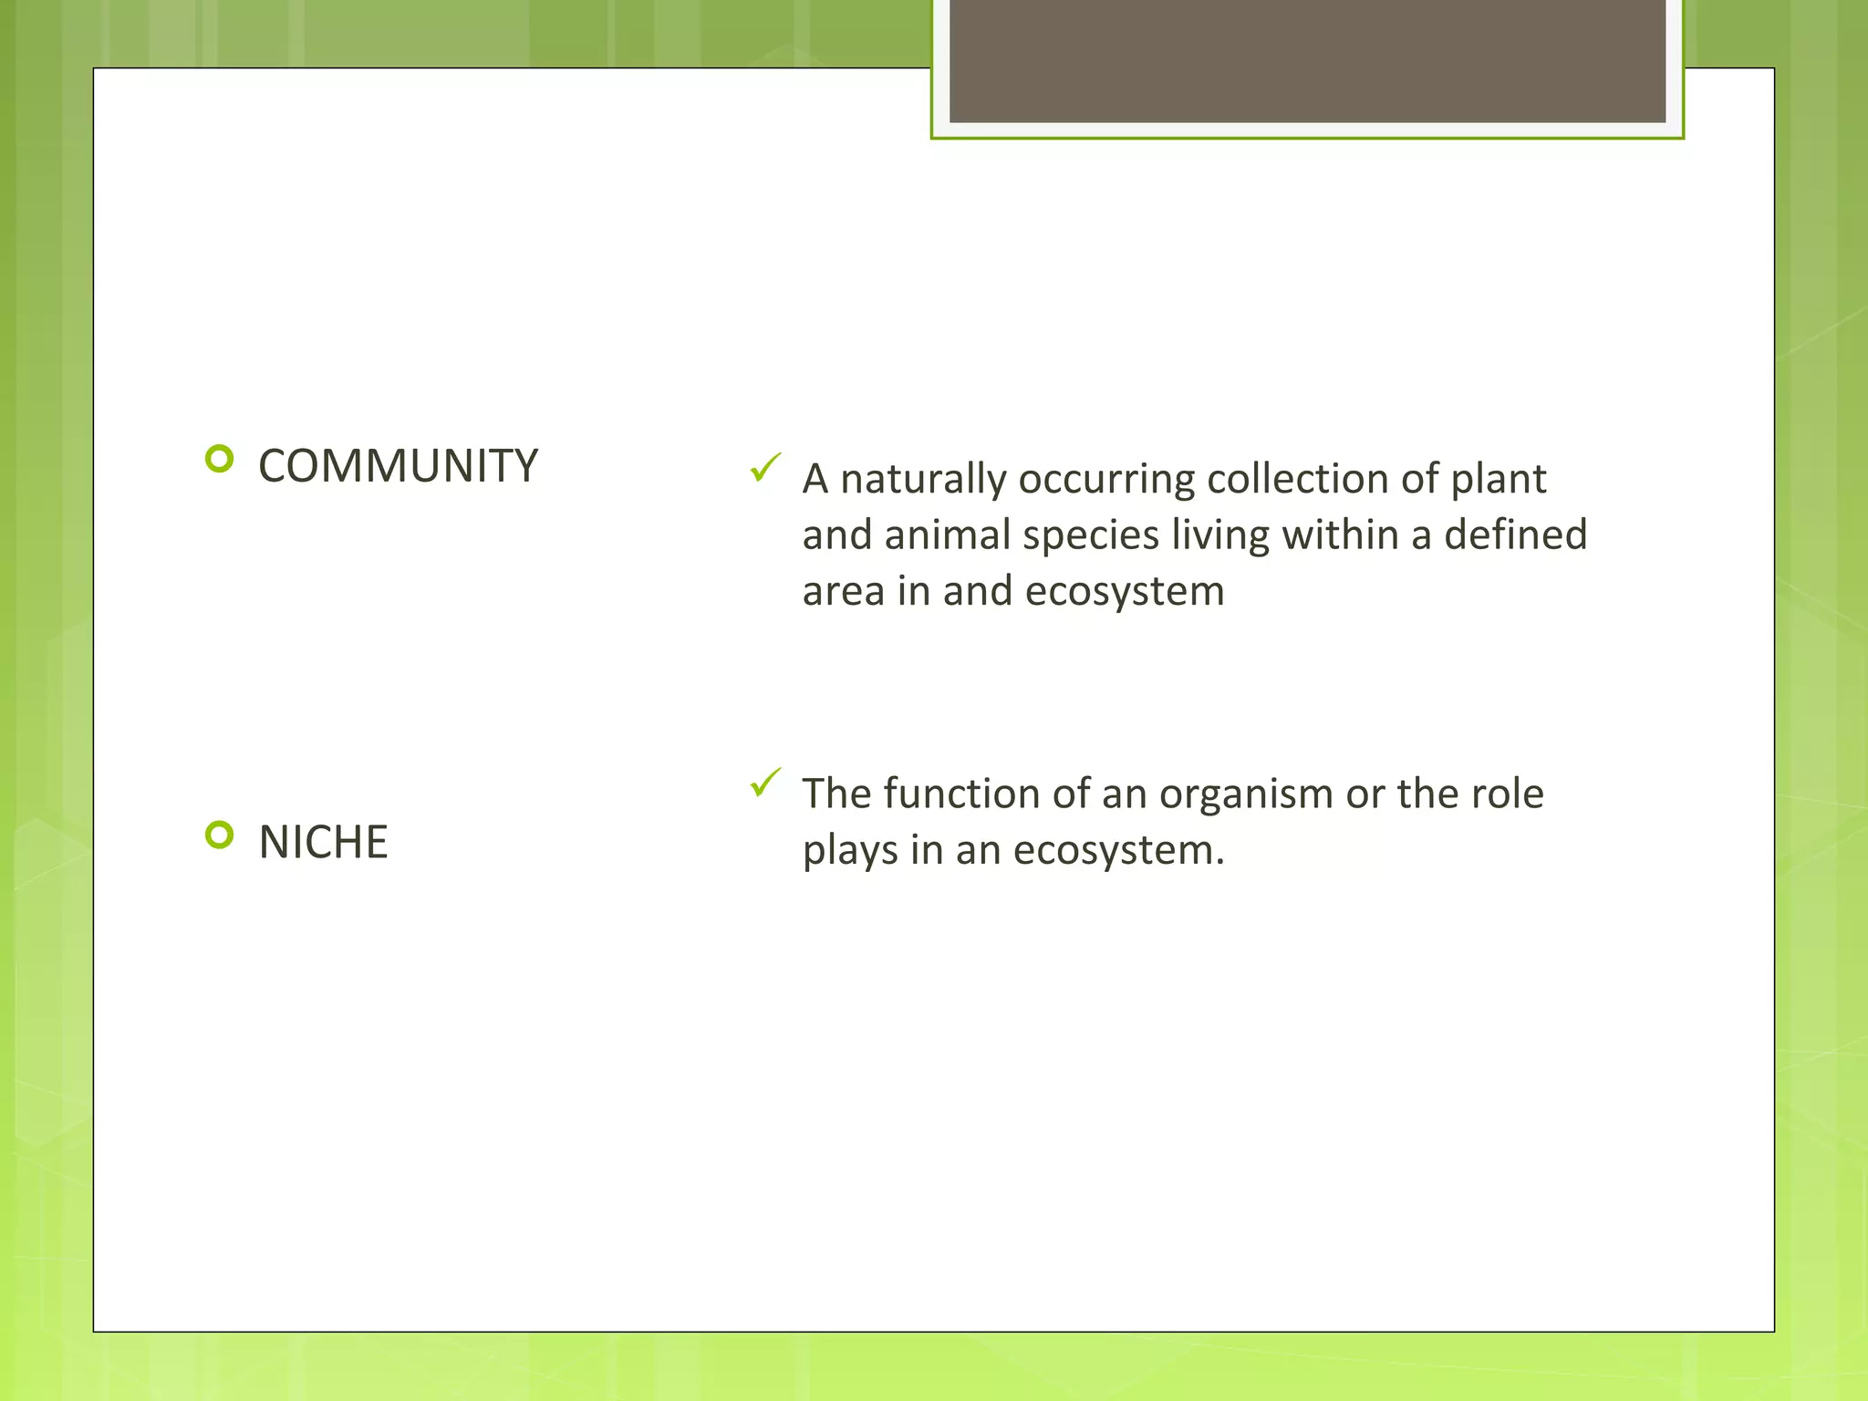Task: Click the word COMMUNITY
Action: click(x=398, y=466)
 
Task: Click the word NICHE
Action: click(x=323, y=842)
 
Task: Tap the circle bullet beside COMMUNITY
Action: click(x=220, y=458)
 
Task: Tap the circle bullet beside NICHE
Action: click(x=220, y=835)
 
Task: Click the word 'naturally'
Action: click(x=922, y=480)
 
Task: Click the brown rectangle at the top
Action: click(x=1306, y=60)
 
